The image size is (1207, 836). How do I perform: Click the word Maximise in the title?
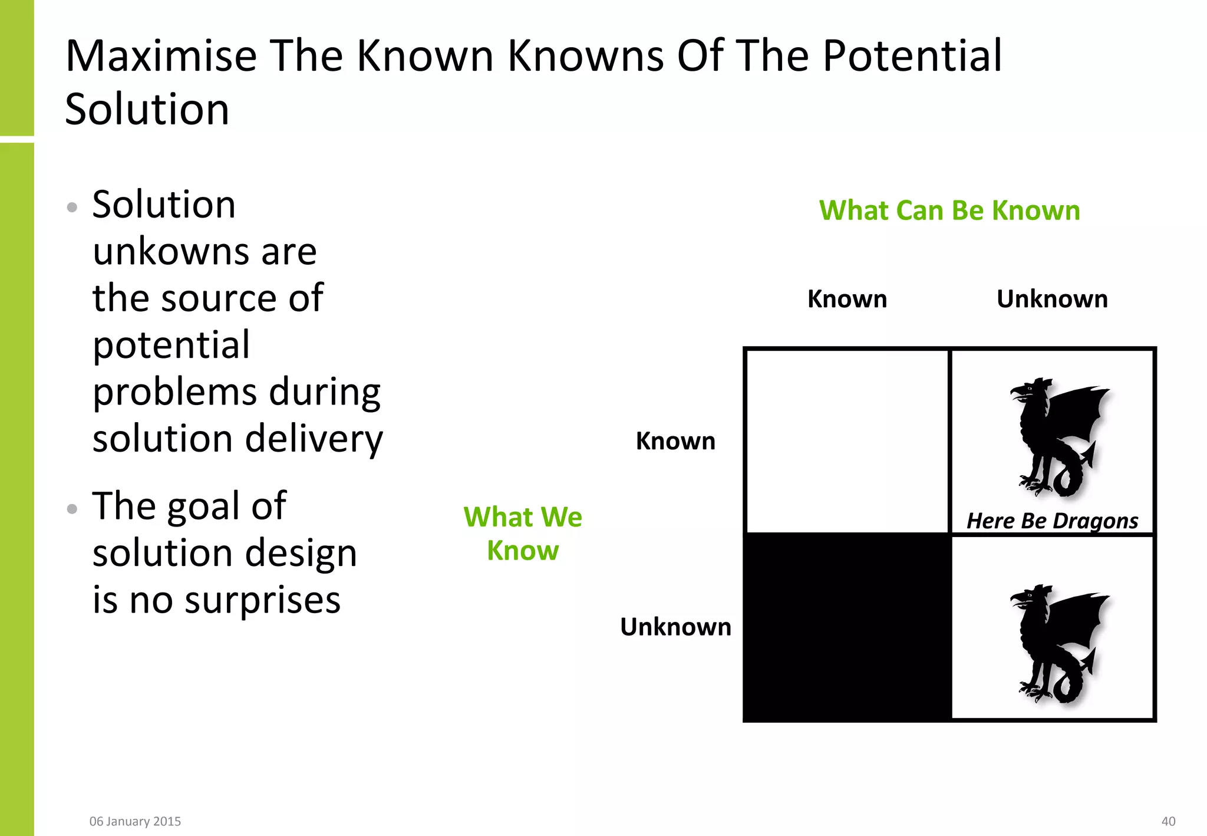[x=161, y=56]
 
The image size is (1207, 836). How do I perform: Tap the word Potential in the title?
[x=912, y=56]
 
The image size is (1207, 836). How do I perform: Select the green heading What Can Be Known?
[x=949, y=210]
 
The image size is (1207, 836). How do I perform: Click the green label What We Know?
[x=523, y=534]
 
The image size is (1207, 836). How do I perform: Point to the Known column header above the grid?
[x=847, y=299]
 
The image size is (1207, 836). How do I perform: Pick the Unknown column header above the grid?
[x=1052, y=299]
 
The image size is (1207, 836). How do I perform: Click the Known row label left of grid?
[x=675, y=441]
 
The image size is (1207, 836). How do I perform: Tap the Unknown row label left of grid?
[x=675, y=627]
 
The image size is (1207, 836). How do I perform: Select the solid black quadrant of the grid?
[x=847, y=627]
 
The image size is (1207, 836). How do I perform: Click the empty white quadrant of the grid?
[x=847, y=441]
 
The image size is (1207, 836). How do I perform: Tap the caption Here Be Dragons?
[x=1052, y=521]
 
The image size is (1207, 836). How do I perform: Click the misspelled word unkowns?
[x=170, y=252]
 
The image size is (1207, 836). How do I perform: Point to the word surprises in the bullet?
[x=262, y=601]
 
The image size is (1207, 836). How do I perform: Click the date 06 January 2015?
[x=135, y=821]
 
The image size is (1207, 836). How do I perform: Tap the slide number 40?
[x=1168, y=821]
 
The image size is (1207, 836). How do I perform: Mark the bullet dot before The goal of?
[x=72, y=509]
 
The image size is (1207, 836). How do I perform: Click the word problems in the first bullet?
[x=175, y=393]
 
